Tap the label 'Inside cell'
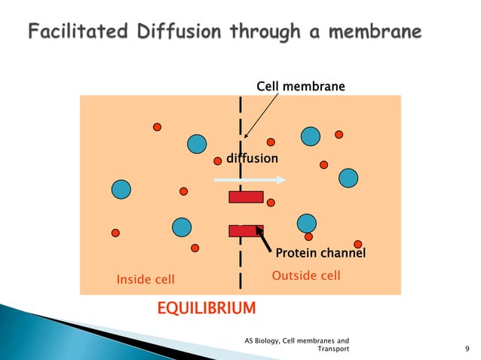click(145, 279)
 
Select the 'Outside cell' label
click(305, 276)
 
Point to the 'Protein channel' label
click(320, 253)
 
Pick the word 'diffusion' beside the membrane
click(253, 159)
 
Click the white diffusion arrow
click(250, 180)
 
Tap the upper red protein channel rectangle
click(246, 197)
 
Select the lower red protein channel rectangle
click(246, 230)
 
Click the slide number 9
click(468, 349)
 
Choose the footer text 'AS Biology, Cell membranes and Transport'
click(296, 345)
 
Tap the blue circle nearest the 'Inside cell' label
click(182, 226)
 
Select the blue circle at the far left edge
click(121, 188)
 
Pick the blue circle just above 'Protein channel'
click(306, 223)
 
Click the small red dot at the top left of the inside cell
click(157, 127)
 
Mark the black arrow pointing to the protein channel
click(265, 241)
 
